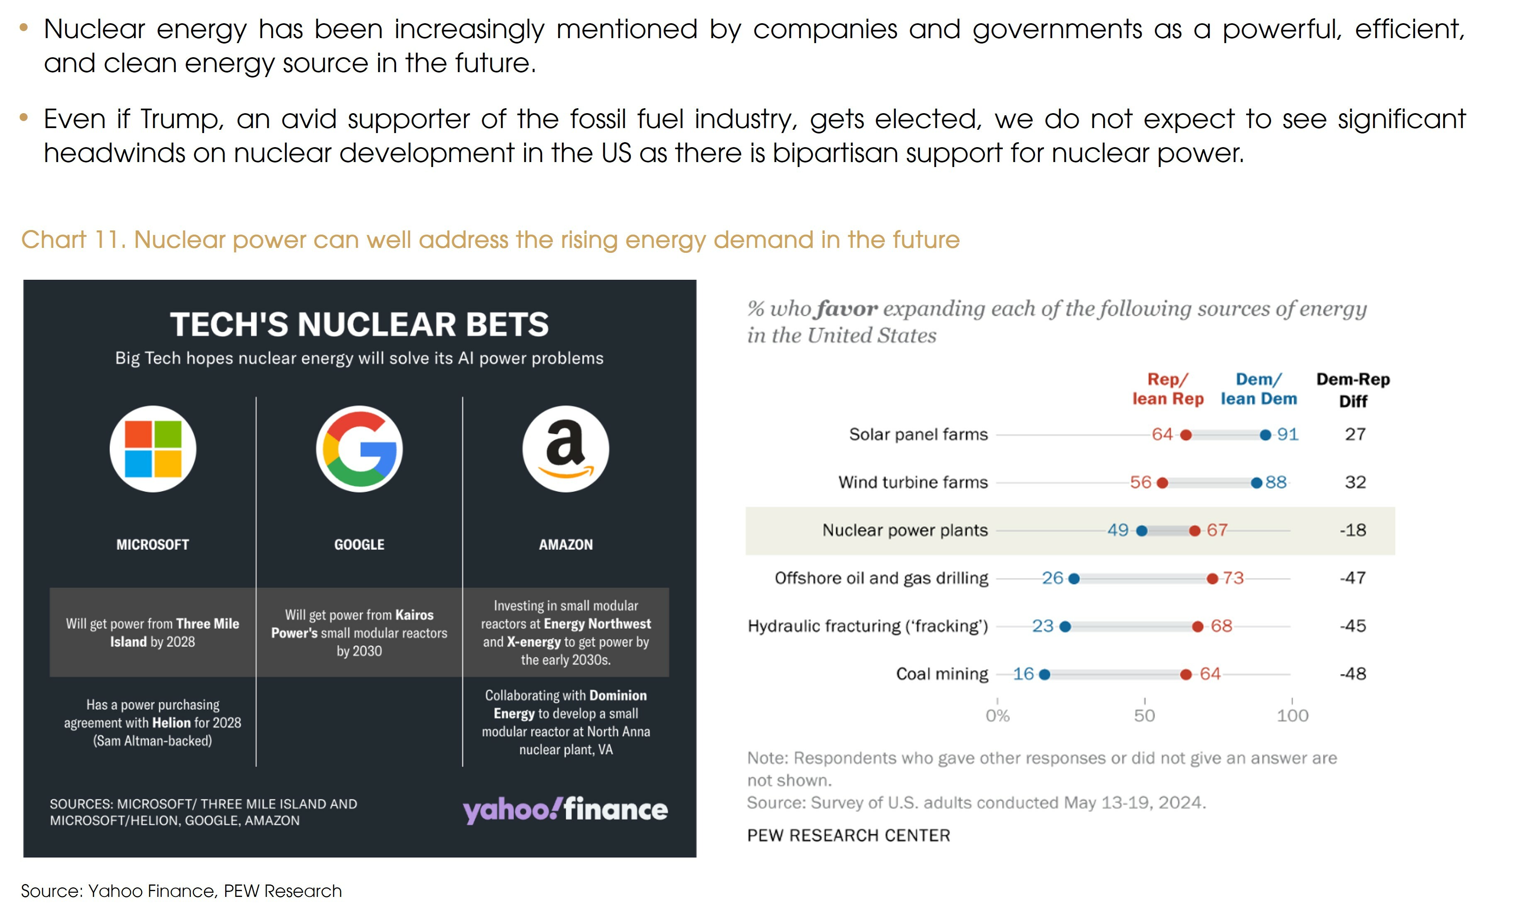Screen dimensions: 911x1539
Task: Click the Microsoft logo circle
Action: (x=153, y=449)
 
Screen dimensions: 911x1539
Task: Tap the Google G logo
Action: (x=359, y=449)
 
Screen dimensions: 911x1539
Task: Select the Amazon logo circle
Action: (x=566, y=449)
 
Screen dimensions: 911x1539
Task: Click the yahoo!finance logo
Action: (x=565, y=810)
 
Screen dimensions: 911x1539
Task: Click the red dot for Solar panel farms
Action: (x=1186, y=435)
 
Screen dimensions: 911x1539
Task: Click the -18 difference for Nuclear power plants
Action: (x=1353, y=531)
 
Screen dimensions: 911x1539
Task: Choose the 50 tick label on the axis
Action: (x=1145, y=716)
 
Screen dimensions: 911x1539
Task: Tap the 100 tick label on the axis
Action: (x=1293, y=716)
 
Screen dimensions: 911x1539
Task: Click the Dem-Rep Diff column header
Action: (x=1353, y=390)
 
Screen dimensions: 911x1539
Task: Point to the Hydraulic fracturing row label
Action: (x=868, y=626)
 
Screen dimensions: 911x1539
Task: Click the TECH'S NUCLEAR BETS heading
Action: (x=359, y=324)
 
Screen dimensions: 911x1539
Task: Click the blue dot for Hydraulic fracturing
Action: (x=1065, y=627)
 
